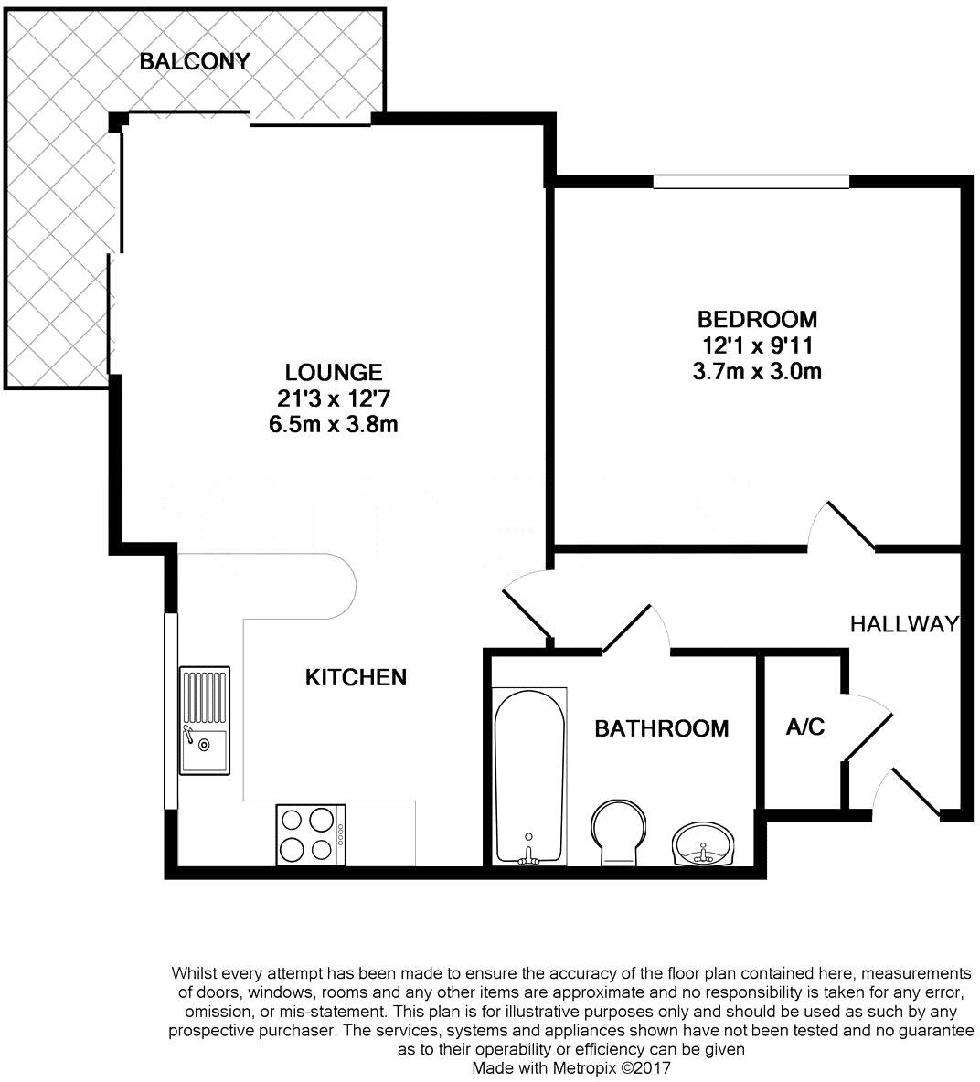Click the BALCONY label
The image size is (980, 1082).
click(x=194, y=62)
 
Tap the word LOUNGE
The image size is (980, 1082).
click(x=334, y=373)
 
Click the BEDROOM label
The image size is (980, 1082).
click(x=757, y=320)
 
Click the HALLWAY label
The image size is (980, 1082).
click(x=904, y=624)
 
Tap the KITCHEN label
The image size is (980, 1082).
click(x=356, y=677)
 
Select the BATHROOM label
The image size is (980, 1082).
click(x=662, y=728)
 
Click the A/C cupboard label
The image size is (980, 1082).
click(x=805, y=727)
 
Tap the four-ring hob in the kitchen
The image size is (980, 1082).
click(x=307, y=833)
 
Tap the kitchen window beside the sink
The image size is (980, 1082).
click(x=170, y=711)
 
